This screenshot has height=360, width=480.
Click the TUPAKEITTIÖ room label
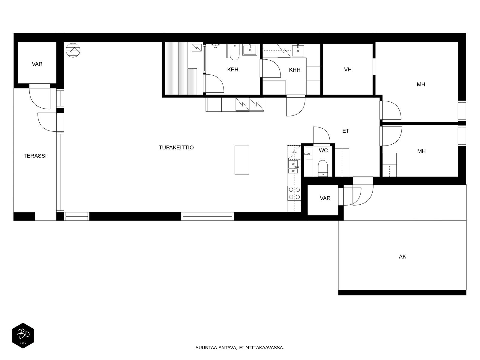tap(176, 148)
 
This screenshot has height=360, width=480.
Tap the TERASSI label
tap(35, 156)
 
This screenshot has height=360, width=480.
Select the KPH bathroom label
tap(233, 70)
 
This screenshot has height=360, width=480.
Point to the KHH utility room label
tap(295, 70)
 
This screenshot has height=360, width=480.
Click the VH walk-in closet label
tap(348, 70)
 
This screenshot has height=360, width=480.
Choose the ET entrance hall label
tap(346, 131)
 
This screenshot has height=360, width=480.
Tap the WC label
tap(323, 150)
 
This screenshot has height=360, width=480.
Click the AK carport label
tap(402, 256)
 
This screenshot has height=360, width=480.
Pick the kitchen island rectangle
tap(242, 160)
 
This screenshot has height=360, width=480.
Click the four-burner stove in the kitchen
tap(294, 193)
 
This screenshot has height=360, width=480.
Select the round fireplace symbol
tap(73, 50)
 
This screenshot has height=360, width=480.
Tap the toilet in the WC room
tap(323, 168)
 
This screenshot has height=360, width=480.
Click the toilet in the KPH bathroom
tap(234, 52)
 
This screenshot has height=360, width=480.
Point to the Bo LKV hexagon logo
tap(23, 335)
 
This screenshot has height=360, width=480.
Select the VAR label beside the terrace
tap(37, 64)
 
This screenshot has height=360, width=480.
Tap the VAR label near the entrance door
tap(325, 198)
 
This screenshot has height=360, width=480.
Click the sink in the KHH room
tap(298, 50)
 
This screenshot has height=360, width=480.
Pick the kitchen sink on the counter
tap(293, 167)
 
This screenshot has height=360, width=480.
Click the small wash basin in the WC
tap(309, 154)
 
